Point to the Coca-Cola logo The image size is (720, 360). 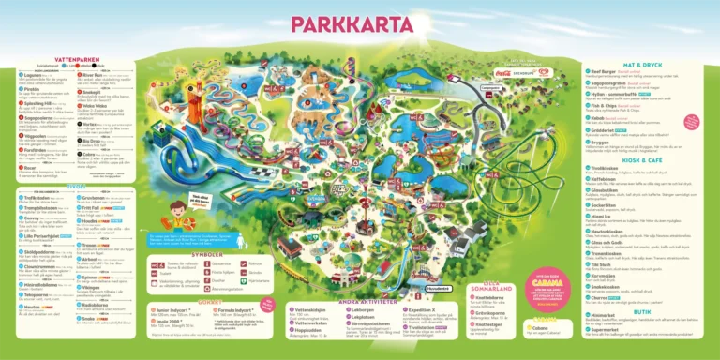click(500, 71)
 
